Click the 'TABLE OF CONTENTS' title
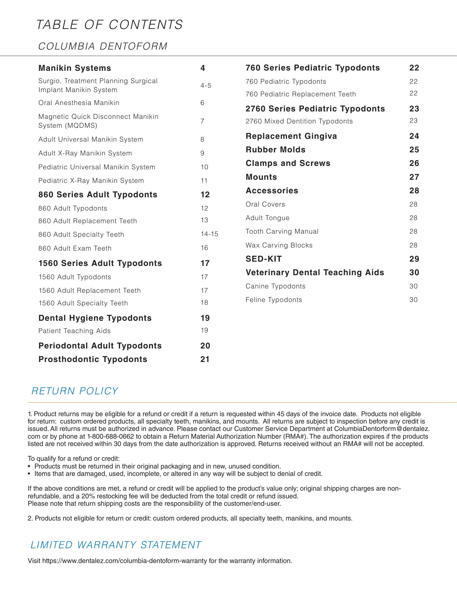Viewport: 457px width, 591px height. (110, 25)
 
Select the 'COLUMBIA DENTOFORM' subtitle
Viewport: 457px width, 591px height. (103, 46)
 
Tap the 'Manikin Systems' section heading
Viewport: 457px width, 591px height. (75, 68)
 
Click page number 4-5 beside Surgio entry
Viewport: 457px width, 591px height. (206, 86)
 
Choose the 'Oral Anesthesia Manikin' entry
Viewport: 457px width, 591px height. (79, 103)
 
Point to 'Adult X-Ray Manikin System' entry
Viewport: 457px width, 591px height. (85, 153)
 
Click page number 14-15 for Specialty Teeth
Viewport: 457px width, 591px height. (209, 234)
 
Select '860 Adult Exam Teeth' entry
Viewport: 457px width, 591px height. (75, 248)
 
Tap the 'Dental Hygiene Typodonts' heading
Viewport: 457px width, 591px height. (95, 318)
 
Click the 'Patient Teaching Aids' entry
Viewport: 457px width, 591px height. (75, 331)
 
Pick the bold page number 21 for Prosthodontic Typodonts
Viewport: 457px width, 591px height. (205, 359)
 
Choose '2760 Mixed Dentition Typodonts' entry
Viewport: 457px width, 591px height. (299, 121)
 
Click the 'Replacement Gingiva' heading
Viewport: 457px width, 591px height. (291, 136)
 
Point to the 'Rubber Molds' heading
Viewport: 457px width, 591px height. (276, 150)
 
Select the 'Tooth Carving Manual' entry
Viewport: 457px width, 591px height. (282, 231)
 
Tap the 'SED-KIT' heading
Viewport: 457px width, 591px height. (264, 259)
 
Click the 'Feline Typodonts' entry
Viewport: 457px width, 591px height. (274, 300)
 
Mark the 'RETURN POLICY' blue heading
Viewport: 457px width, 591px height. (75, 391)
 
